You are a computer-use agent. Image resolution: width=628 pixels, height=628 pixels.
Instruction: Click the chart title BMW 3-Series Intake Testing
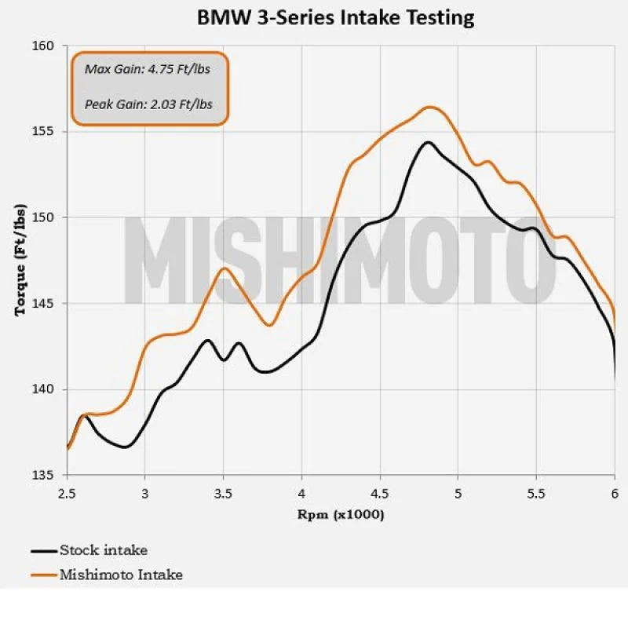[335, 17]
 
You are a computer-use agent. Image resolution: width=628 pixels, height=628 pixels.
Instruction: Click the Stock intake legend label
[103, 550]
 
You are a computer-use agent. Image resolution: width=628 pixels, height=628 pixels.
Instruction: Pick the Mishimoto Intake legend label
[121, 575]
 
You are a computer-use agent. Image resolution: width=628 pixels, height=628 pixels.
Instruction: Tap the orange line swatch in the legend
[44, 575]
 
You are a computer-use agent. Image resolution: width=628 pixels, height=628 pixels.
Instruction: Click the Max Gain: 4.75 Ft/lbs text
[147, 68]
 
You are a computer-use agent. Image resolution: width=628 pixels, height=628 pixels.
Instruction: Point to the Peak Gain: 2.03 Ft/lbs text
[148, 103]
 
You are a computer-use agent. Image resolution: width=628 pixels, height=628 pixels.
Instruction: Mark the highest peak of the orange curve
[429, 107]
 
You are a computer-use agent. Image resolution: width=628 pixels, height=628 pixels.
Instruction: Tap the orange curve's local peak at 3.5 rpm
[225, 268]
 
